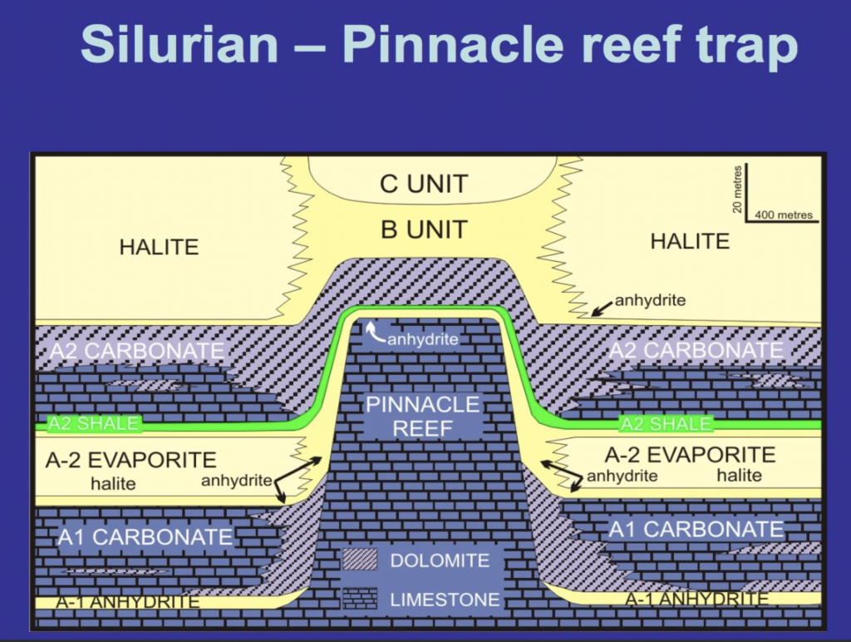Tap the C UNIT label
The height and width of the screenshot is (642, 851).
pos(424,184)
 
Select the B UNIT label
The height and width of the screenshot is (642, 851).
pos(424,229)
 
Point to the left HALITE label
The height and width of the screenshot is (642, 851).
pos(159,246)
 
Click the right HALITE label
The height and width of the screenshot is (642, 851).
pos(690,241)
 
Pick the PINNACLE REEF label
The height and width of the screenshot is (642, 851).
pos(424,417)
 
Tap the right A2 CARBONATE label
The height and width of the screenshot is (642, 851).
pos(696,350)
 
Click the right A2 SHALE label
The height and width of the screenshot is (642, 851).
pos(666,424)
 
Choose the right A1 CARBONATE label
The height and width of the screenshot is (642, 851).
pos(696,529)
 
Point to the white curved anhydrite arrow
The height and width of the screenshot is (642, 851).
pos(373,333)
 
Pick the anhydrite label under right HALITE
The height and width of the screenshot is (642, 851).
pos(651,300)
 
